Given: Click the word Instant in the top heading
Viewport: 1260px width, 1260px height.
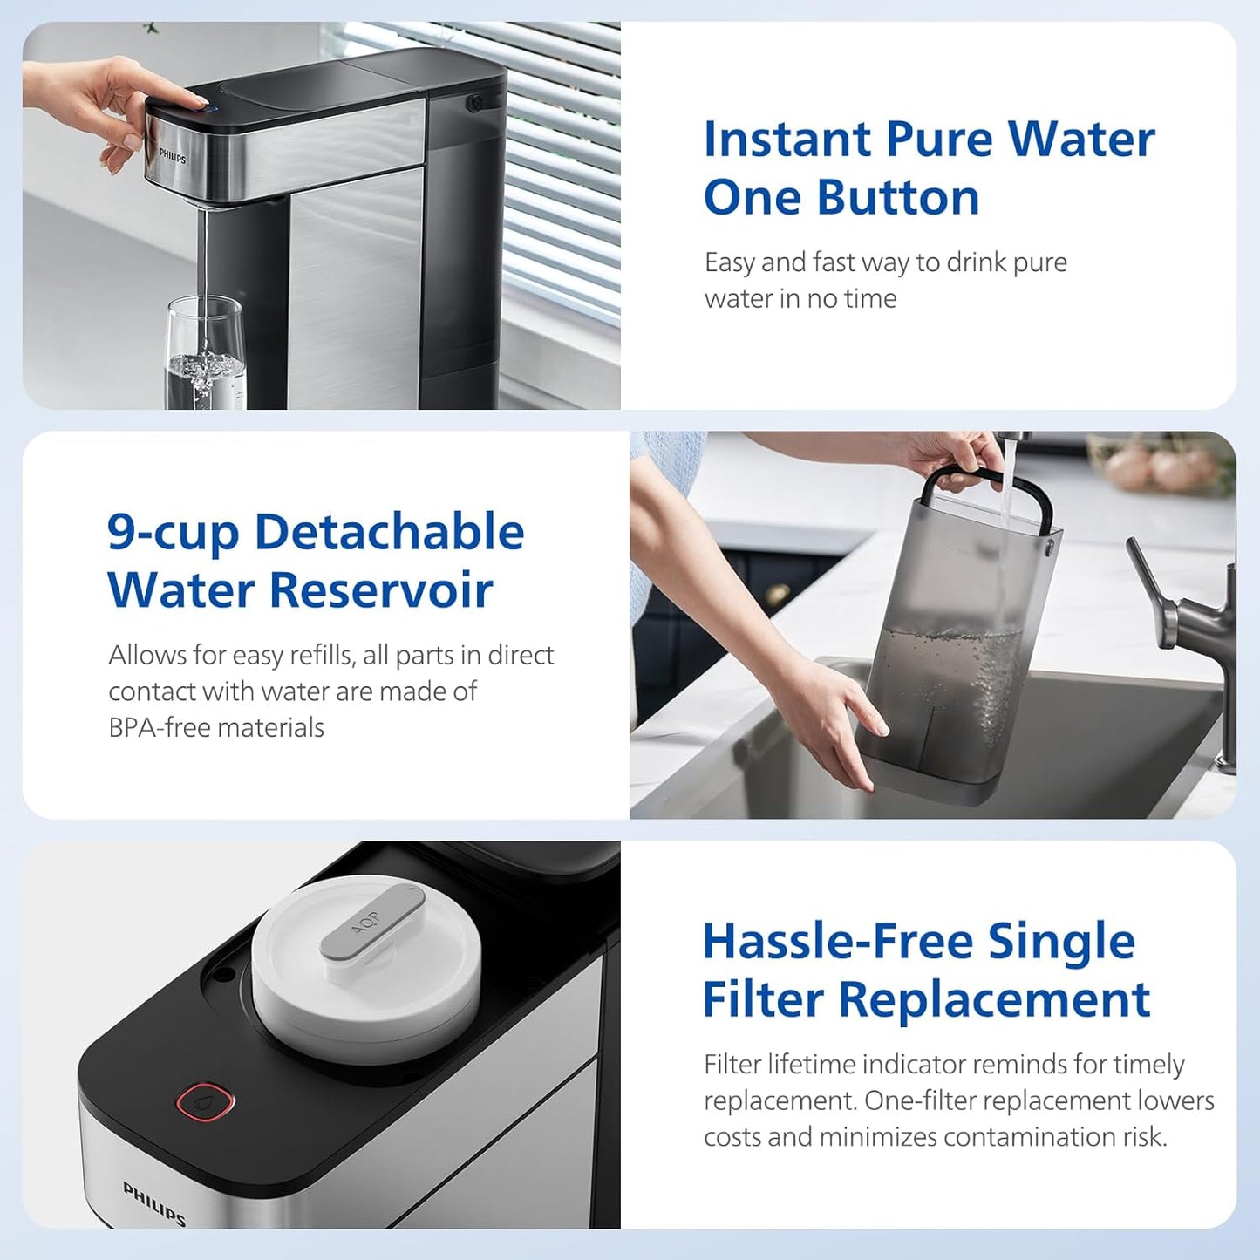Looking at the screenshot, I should coord(787,140).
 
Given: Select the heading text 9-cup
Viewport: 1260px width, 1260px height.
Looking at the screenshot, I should coord(173,533).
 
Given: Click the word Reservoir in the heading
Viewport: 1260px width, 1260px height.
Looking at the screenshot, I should coord(381,590).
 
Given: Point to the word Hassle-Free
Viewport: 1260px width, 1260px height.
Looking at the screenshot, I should coord(836,942).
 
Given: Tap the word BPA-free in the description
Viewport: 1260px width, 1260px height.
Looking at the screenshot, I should coord(160,727).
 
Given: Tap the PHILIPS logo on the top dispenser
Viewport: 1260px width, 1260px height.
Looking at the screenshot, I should coord(173,156).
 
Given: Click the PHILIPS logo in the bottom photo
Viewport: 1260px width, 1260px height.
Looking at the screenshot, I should coord(154,1203).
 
